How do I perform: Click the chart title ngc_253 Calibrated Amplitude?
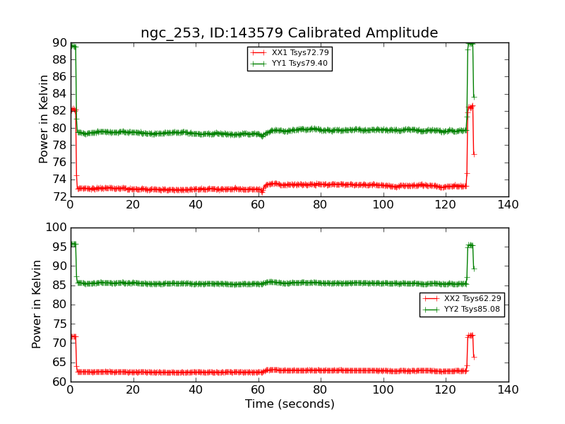tap(289, 33)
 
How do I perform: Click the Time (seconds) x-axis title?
tap(290, 404)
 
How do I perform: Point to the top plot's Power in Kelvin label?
tap(44, 119)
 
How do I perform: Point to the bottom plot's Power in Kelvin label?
tap(37, 304)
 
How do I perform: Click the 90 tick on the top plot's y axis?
tap(59, 43)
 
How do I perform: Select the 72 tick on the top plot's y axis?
tap(59, 196)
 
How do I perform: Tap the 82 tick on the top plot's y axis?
tap(59, 111)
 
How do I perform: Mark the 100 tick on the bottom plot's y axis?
tap(56, 228)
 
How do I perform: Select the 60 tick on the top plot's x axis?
tap(258, 205)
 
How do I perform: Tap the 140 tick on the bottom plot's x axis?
tap(508, 390)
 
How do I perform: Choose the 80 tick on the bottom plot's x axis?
tap(321, 390)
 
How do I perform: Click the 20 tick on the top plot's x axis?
tap(133, 205)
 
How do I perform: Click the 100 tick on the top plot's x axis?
tap(383, 205)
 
